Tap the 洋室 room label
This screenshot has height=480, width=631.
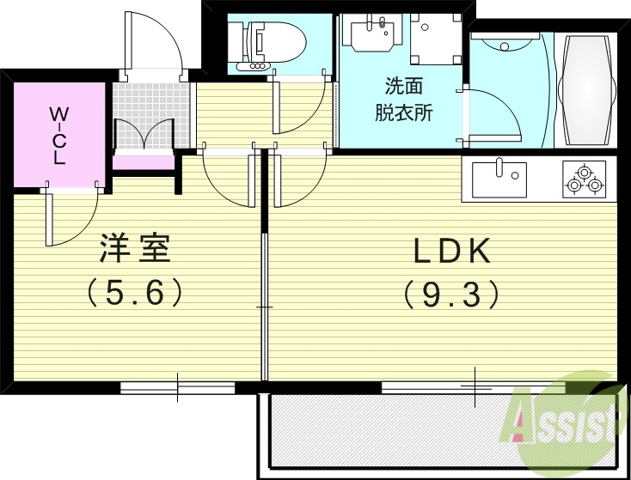[x=135, y=249]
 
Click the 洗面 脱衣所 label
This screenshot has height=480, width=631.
[x=403, y=99]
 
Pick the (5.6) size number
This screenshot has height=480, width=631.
[x=135, y=294]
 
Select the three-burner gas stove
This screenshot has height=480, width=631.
[x=585, y=178]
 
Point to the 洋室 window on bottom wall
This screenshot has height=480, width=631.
[x=178, y=387]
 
